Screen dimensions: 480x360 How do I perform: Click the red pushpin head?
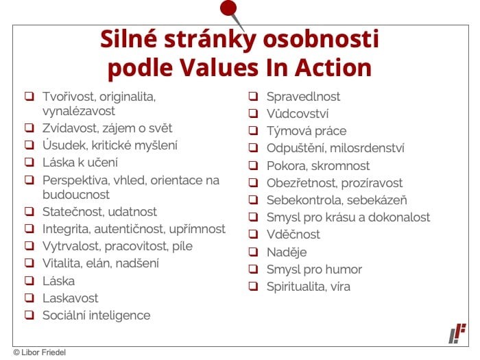tap(228, 8)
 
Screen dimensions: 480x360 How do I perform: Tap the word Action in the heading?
tap(333, 67)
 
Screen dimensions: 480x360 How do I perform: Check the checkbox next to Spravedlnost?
tap(253, 97)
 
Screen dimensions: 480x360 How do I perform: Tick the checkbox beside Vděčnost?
tap(253, 235)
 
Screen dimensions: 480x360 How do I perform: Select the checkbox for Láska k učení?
tap(29, 162)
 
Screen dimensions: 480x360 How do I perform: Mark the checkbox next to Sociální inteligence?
tap(29, 315)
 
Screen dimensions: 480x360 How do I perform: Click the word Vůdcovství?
tap(298, 114)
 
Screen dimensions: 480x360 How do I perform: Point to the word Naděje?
tap(287, 252)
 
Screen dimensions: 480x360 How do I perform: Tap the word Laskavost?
tap(71, 298)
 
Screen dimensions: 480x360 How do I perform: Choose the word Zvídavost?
tap(69, 128)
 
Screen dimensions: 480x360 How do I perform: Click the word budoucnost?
tap(76, 195)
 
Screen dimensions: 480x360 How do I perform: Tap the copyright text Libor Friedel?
tap(43, 352)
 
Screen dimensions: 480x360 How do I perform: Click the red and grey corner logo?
tap(457, 333)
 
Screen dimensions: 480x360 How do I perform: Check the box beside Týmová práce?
tap(253, 131)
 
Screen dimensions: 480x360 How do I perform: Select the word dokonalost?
tap(399, 217)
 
